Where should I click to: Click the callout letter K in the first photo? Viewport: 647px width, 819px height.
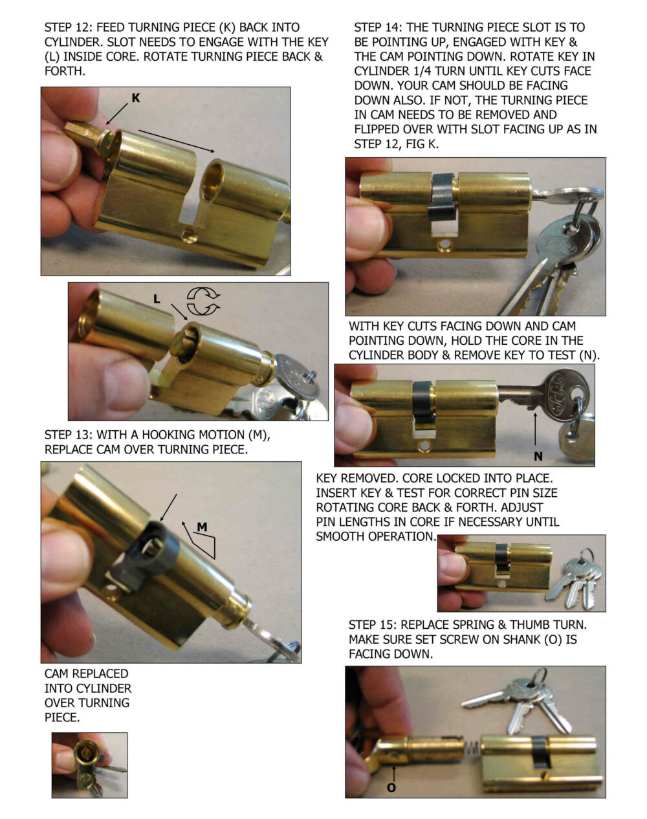136,98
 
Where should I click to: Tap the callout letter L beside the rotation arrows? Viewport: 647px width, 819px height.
157,299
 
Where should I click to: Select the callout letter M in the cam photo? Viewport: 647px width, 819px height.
202,527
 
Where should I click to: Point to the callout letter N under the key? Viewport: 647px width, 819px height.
538,456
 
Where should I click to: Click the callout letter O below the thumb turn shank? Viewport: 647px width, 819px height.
391,788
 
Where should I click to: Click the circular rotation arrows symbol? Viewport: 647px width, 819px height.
204,301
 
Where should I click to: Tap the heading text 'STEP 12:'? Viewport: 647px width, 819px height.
69,27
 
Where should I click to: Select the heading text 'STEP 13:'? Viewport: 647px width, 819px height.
69,435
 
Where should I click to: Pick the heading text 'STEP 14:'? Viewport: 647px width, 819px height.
378,27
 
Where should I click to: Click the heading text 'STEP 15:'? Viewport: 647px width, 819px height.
373,625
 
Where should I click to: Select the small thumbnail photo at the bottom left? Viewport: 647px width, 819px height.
90,765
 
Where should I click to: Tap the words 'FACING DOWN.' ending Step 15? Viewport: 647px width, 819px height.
391,654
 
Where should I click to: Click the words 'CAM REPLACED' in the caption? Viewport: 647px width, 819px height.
87,673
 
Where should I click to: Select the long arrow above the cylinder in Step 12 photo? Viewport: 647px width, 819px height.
177,141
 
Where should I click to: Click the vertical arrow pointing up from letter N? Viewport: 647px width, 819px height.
535,428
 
